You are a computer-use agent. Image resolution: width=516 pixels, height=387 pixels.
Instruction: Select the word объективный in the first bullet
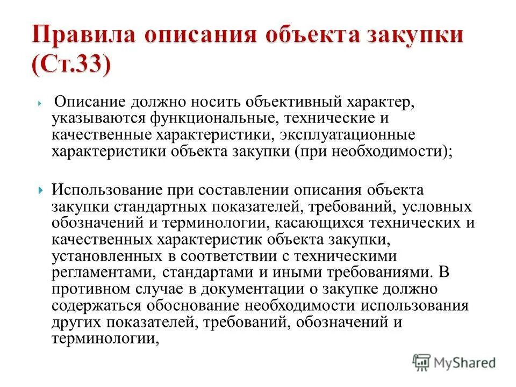[252, 102]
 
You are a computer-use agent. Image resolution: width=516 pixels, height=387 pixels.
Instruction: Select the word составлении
[243, 190]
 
